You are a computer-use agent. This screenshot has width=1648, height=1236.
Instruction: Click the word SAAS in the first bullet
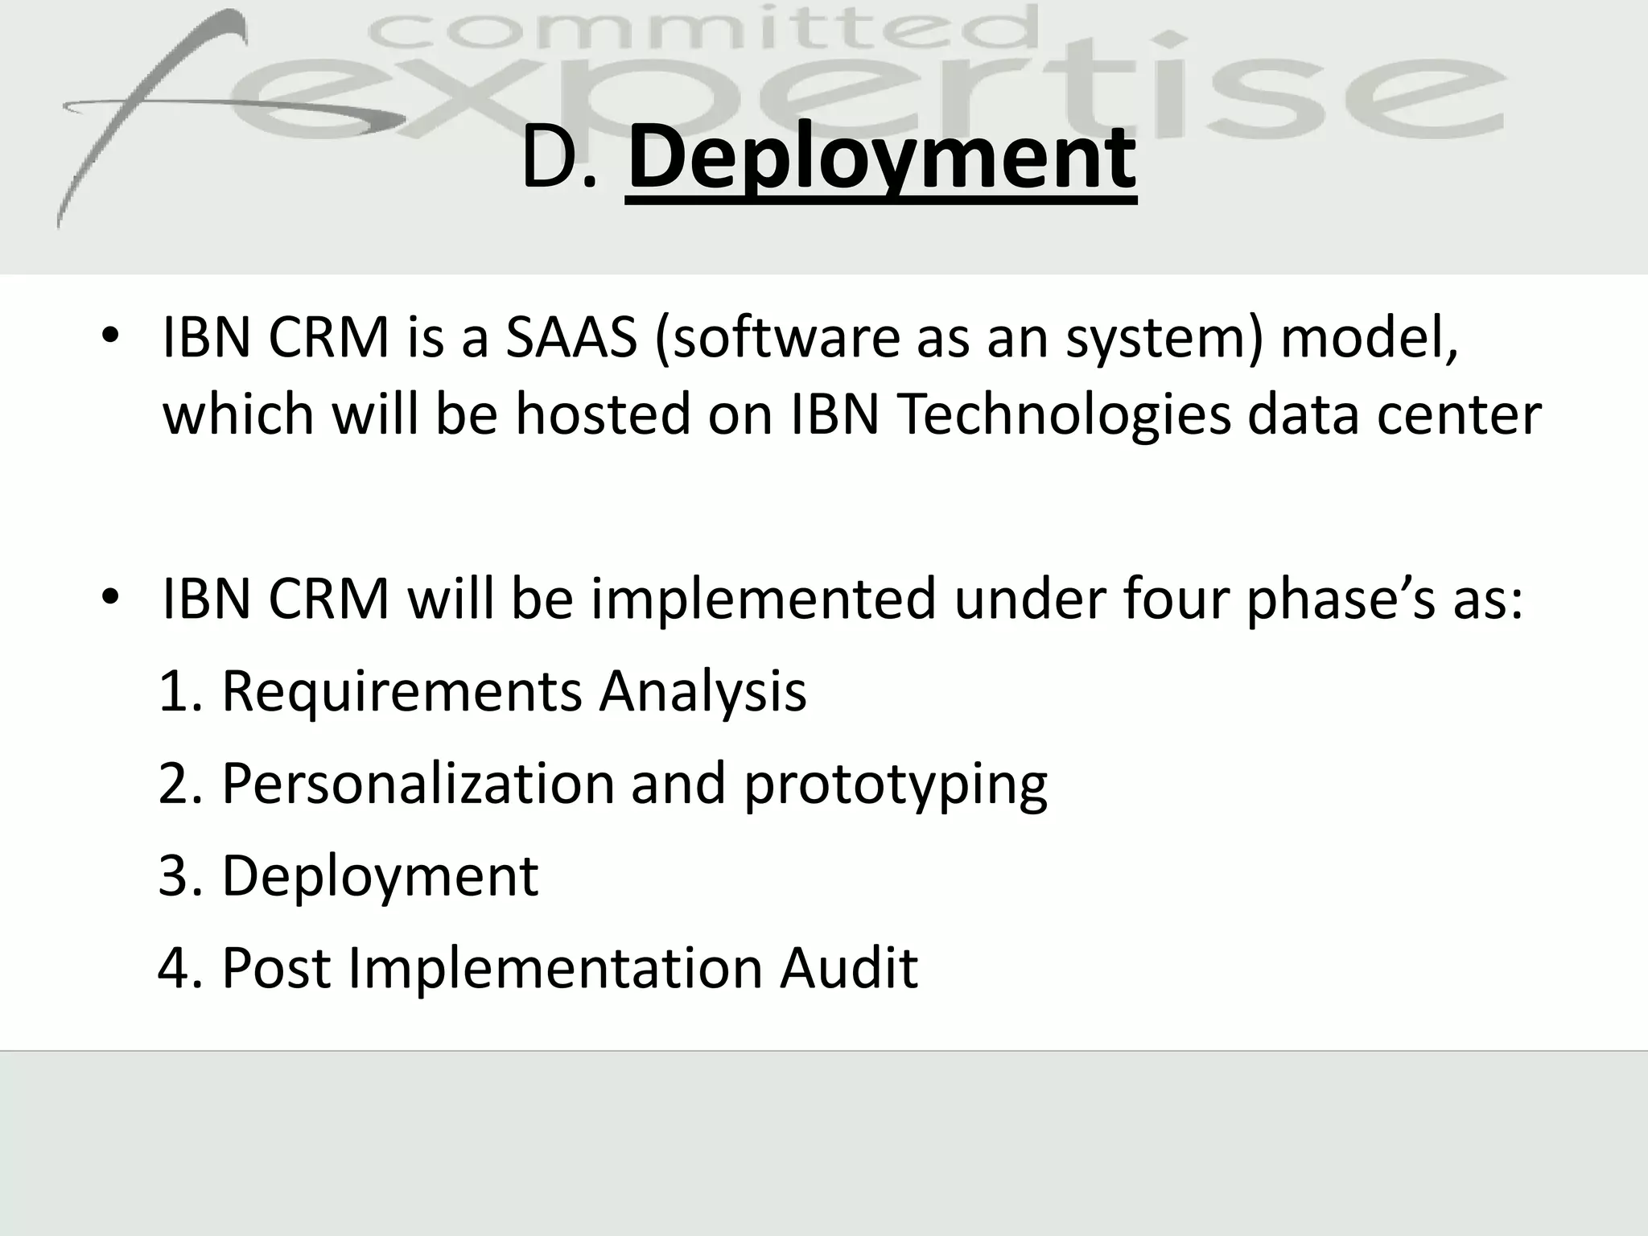571,337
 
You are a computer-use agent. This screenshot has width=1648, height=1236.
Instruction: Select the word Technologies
1063,415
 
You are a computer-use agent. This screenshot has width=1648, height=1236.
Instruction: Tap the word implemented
764,599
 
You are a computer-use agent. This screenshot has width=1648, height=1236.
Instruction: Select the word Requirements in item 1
401,692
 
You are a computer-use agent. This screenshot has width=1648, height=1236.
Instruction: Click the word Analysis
702,692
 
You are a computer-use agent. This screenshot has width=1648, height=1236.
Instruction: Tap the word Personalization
418,784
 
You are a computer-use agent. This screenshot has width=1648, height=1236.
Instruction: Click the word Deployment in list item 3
380,877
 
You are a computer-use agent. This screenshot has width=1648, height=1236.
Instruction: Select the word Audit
848,968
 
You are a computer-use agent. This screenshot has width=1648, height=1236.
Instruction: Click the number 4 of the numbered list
174,968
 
